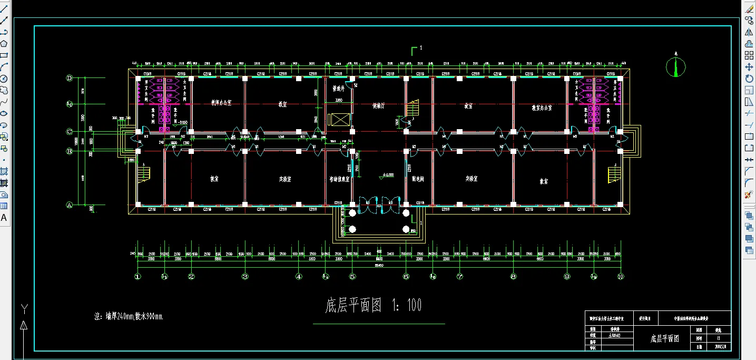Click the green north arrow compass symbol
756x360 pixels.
coord(676,66)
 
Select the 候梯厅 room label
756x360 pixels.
coord(379,105)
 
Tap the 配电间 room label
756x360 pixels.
coord(418,179)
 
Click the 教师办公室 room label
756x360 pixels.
coord(542,108)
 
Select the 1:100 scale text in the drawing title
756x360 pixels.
coord(407,305)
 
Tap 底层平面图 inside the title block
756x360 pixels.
coord(664,339)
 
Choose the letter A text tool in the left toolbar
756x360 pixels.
coord(4,217)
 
